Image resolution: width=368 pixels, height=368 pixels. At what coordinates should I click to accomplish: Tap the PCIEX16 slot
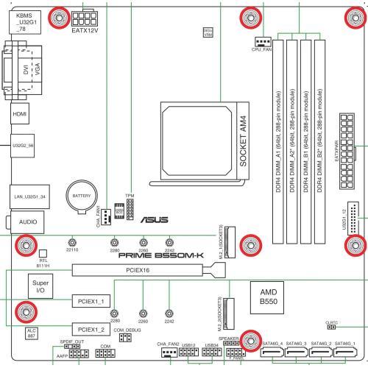pyautogui.click(x=118, y=270)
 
